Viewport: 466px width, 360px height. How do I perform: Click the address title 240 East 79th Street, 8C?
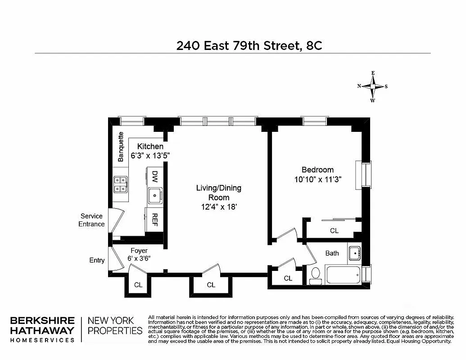(x=249, y=45)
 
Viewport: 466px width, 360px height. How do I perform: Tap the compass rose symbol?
(x=373, y=86)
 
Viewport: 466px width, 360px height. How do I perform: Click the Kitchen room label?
(x=150, y=146)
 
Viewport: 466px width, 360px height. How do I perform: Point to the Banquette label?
(x=121, y=147)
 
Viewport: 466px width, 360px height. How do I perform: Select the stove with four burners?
(x=120, y=184)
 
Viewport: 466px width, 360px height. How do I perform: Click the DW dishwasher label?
(x=154, y=175)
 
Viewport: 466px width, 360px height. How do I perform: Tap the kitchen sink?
(x=154, y=195)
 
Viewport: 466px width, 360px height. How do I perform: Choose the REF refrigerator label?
(x=154, y=219)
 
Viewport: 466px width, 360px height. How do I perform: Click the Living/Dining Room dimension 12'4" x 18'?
(x=219, y=207)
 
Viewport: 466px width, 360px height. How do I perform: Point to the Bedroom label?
(x=317, y=170)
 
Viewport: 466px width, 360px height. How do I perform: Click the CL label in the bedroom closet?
(x=334, y=231)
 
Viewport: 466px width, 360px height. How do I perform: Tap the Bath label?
(x=332, y=253)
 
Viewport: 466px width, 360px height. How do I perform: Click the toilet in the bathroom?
(x=316, y=274)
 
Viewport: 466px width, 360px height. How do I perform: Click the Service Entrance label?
(x=92, y=220)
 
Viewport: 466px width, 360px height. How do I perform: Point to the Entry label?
(x=97, y=260)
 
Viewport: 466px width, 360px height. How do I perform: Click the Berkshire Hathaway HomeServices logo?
(x=43, y=329)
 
